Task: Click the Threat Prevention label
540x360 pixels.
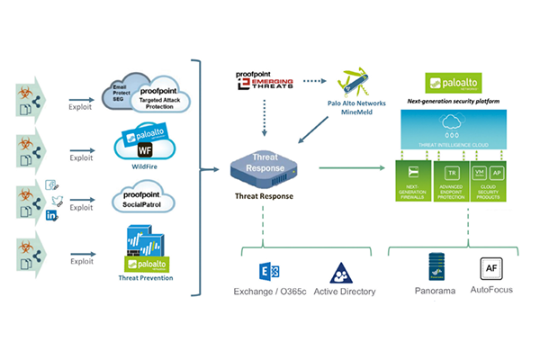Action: pyautogui.click(x=147, y=277)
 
